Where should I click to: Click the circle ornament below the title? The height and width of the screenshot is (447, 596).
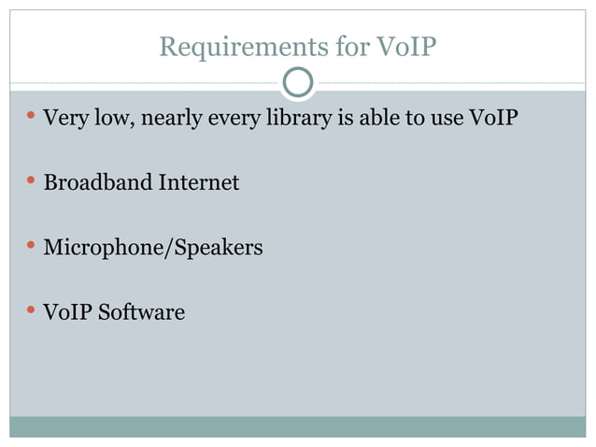(x=298, y=83)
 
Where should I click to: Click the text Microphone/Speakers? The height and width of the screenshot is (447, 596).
(x=153, y=248)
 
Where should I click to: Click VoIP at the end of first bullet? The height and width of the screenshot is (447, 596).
(x=492, y=119)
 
